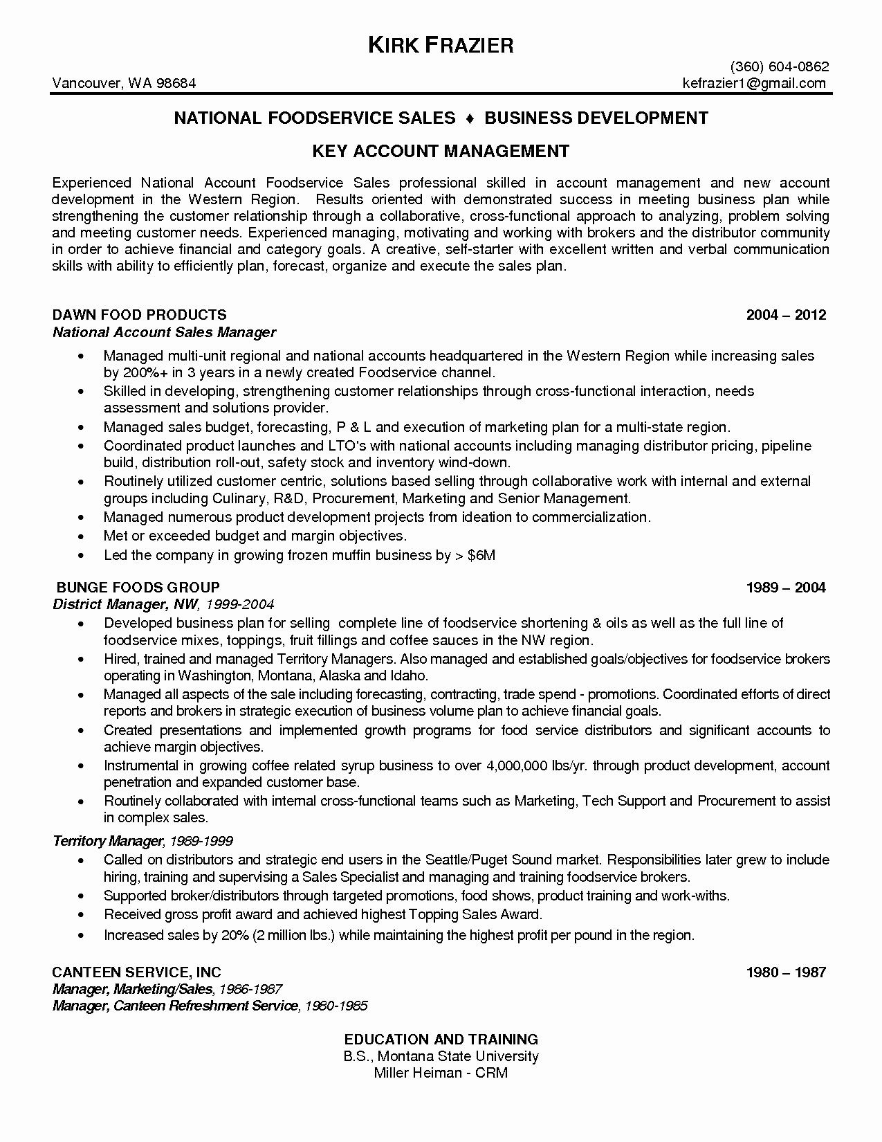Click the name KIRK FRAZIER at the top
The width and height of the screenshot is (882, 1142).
tap(440, 46)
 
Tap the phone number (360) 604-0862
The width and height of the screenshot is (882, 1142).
tap(780, 67)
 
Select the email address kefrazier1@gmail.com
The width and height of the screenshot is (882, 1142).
tap(754, 83)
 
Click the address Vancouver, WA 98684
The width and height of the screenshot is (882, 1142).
tap(125, 83)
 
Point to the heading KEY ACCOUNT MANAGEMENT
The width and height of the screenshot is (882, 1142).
tap(440, 151)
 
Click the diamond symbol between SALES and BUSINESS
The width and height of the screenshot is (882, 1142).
tap(470, 118)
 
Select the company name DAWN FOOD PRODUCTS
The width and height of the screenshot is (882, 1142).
tap(140, 315)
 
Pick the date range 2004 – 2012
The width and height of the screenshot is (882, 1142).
tap(786, 315)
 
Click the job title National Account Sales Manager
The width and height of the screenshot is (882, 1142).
tap(165, 332)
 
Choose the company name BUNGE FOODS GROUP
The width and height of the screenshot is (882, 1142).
tap(136, 588)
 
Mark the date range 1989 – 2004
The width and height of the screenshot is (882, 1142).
tap(786, 588)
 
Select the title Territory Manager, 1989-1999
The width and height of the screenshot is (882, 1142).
tap(143, 841)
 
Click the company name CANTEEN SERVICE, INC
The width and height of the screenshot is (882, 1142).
tap(137, 972)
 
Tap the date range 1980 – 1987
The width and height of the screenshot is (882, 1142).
tap(786, 972)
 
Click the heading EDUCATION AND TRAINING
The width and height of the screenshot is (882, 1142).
tap(441, 1039)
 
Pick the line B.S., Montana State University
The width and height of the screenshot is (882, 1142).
tap(441, 1056)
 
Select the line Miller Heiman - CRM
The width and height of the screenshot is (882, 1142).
tap(441, 1073)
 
